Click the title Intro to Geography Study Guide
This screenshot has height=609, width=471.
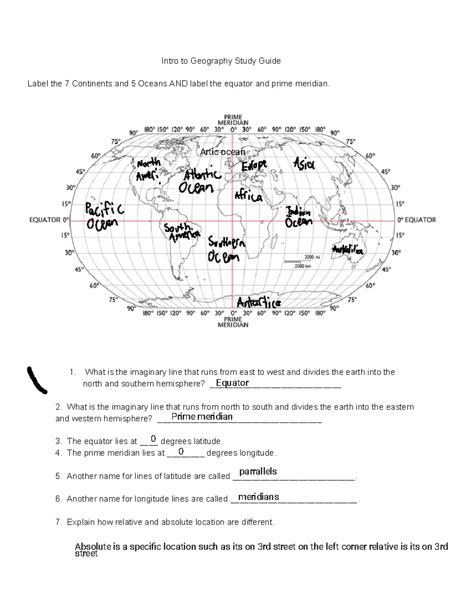point(221,61)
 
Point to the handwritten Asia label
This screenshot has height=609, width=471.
point(303,164)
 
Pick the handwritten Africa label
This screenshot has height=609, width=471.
point(248,196)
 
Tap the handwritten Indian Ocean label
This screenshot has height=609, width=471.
point(299,217)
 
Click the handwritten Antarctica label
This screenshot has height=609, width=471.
point(259,303)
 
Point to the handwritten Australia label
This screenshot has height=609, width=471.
point(347,249)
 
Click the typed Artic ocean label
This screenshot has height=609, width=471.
point(222,152)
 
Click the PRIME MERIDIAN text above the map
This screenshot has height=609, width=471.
point(233,120)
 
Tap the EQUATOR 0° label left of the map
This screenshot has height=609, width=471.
point(49,220)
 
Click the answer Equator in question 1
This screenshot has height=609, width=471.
point(232,383)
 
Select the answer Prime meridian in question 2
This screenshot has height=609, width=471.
point(202,416)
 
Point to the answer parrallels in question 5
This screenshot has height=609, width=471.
point(258,471)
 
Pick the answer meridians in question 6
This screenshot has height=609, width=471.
point(258,497)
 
